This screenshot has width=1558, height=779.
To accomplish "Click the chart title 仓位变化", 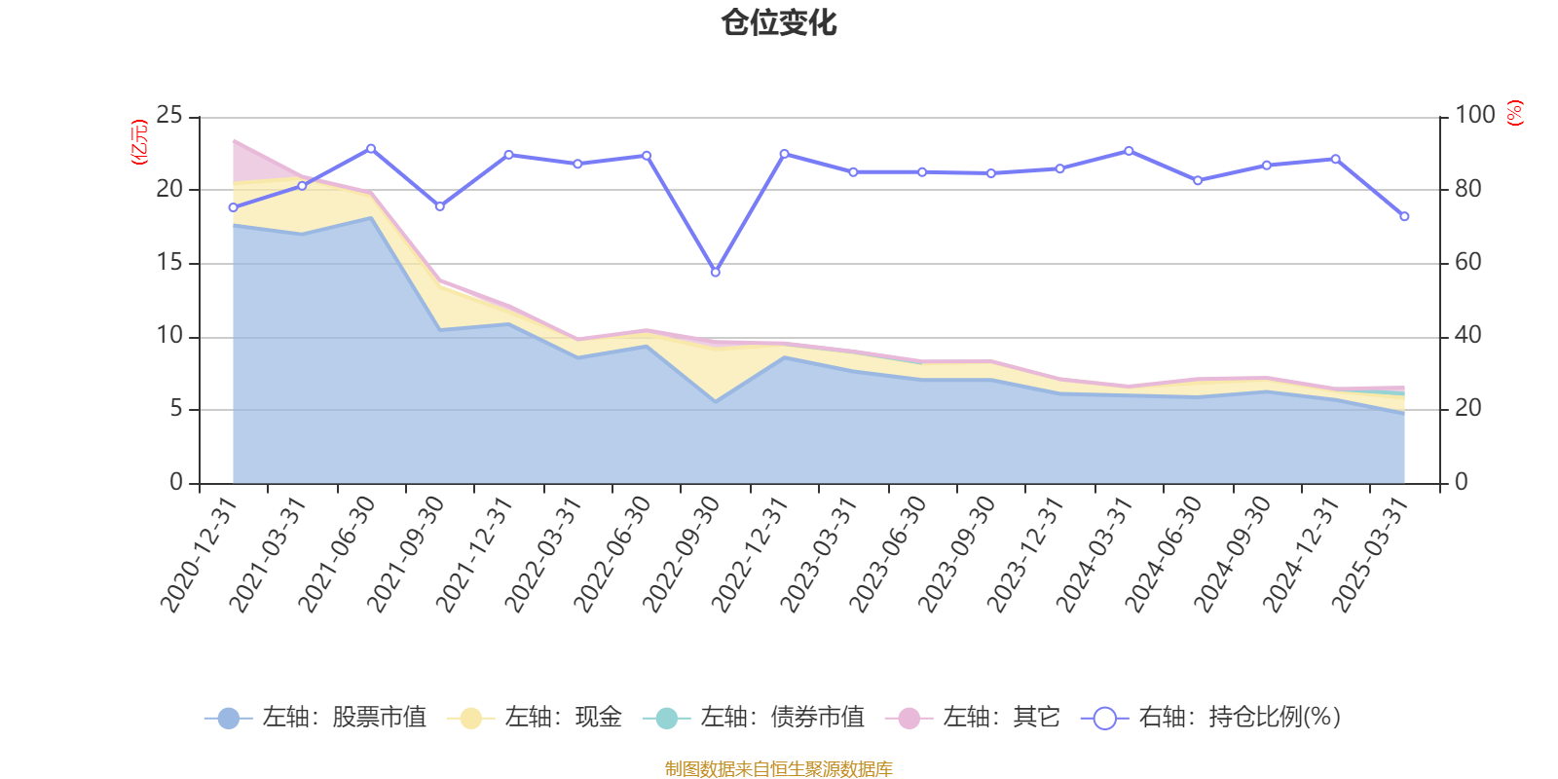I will tap(779, 22).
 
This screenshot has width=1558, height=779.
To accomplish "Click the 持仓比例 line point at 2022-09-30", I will tap(715, 273).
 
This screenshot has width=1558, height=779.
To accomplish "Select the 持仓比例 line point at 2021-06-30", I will tap(371, 148).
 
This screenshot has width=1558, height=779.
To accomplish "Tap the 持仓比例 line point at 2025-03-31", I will tap(1404, 216).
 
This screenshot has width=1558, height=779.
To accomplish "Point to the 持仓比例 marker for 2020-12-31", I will tap(233, 207).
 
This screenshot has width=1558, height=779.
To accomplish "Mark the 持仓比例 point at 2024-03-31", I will tap(1129, 151).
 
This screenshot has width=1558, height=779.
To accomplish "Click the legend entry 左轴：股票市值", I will tap(315, 718).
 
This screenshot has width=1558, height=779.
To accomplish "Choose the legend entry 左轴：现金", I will tap(535, 718).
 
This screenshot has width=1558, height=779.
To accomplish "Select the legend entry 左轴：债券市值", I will tap(754, 718).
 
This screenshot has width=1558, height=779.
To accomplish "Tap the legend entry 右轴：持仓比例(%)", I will tap(1211, 718).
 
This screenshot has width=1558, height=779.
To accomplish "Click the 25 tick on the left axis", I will tap(169, 116).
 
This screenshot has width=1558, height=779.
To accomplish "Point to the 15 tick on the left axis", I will tap(169, 263).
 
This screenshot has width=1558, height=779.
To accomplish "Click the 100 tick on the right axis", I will tap(1474, 116).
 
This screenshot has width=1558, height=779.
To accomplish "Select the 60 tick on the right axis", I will tap(1467, 263).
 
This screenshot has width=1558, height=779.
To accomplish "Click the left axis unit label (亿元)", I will tap(139, 142).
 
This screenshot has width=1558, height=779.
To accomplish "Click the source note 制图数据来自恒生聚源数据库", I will tap(779, 769).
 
